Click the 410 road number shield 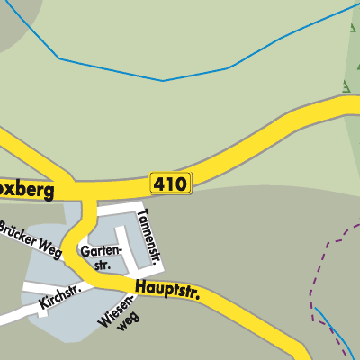coord(170,184)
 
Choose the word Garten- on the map coord(101,251)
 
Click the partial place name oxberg coord(27,191)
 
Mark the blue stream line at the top coord(162,79)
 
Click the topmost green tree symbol coord(350,27)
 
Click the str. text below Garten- coord(104,265)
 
